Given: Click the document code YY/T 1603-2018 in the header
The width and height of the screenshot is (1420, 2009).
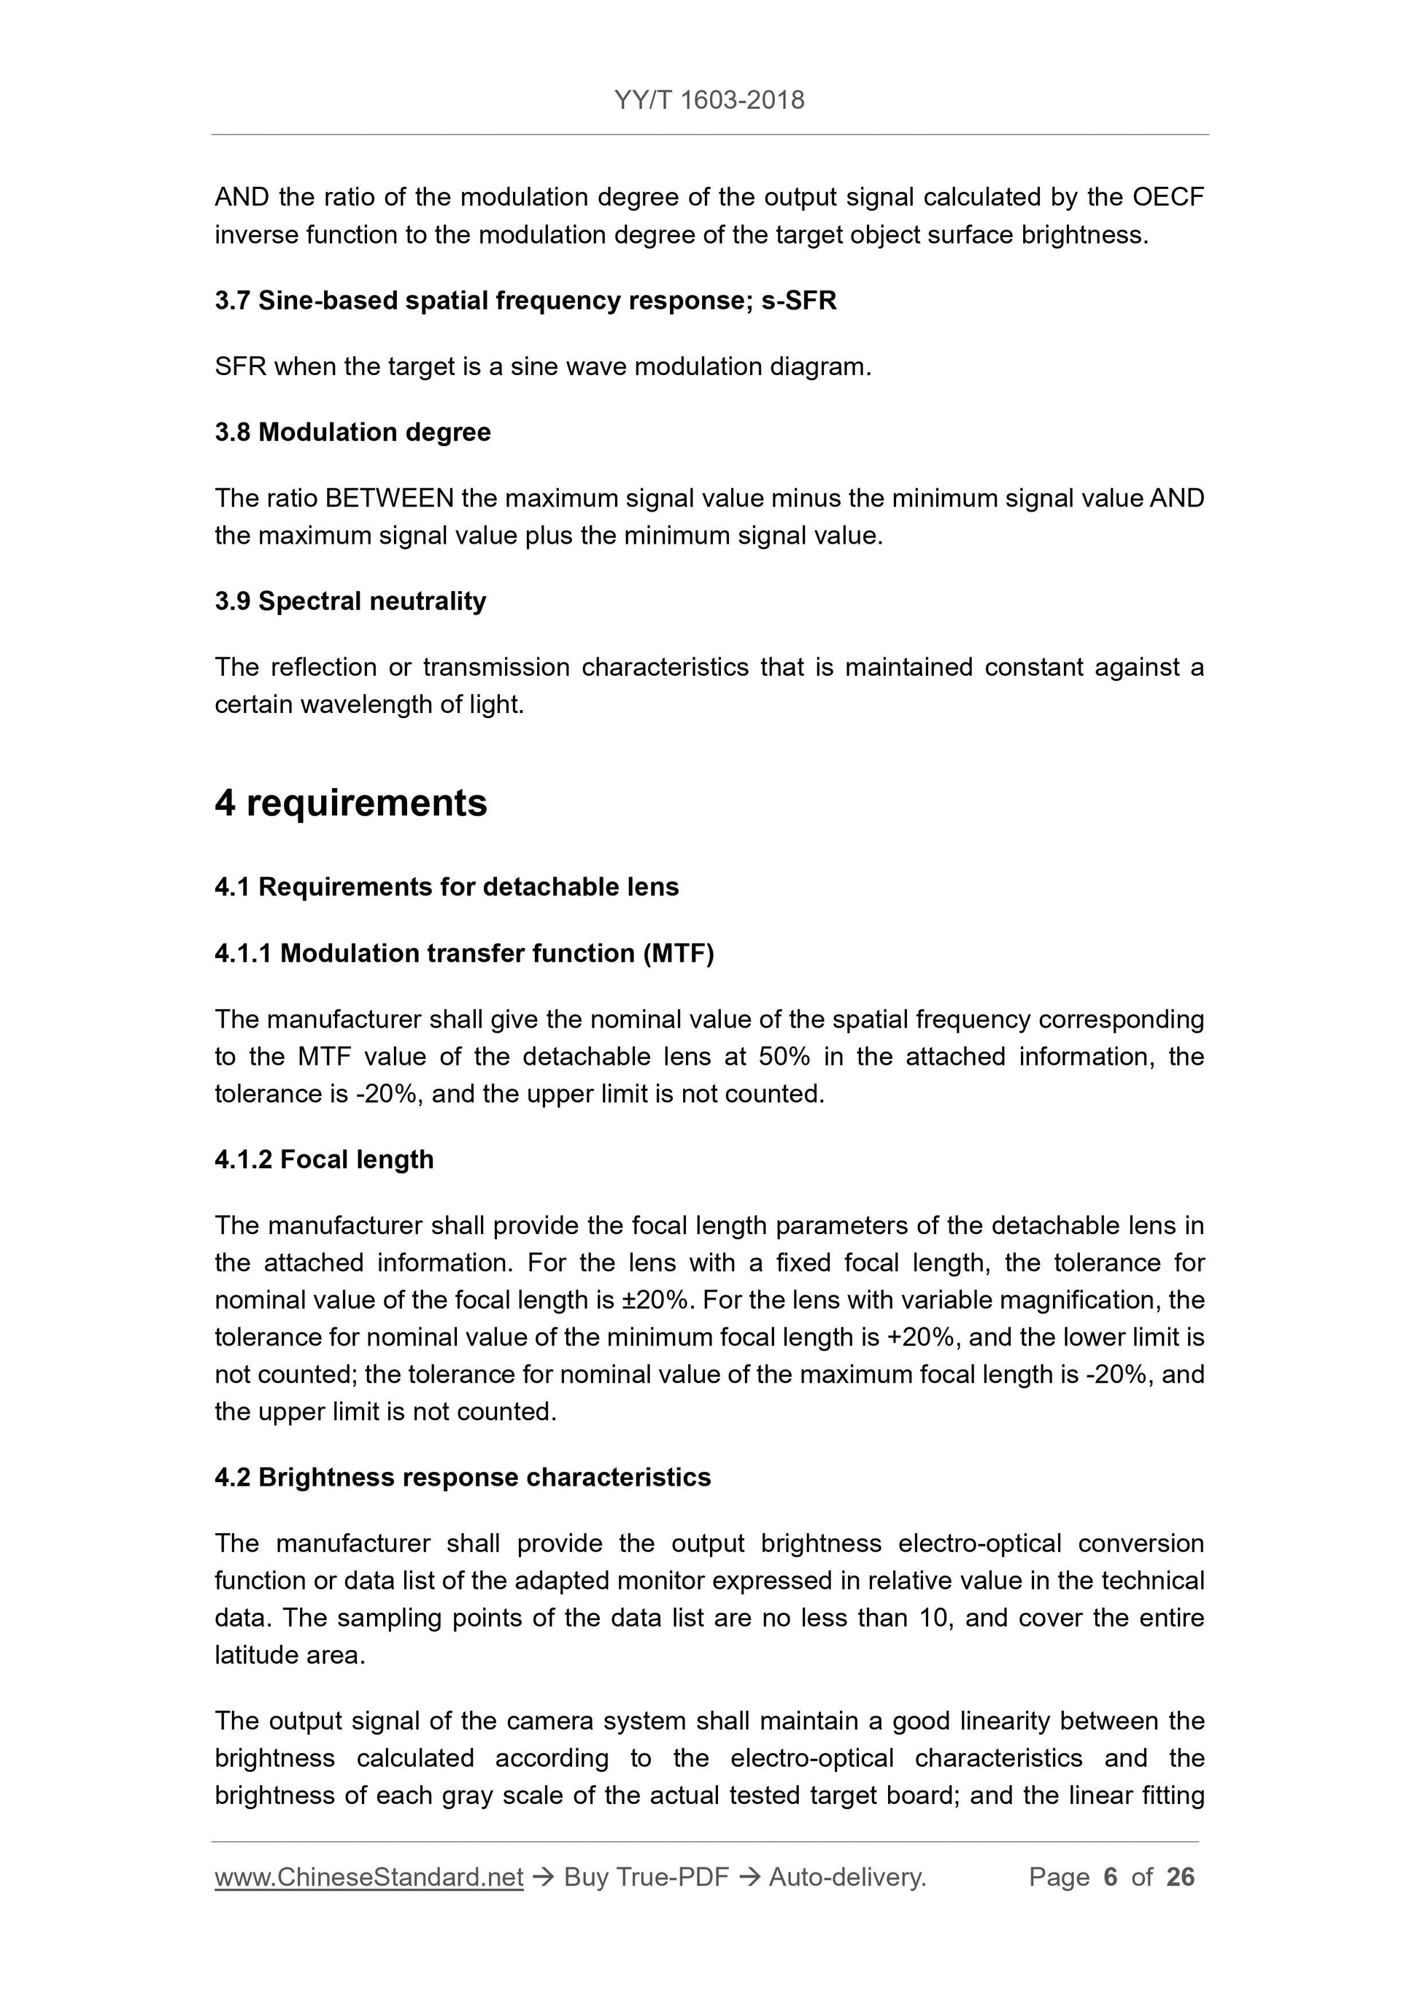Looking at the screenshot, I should point(709,101).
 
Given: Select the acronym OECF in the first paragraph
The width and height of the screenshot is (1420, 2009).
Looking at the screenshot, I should point(1168,198).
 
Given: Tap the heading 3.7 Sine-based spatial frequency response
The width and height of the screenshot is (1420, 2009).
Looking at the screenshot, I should point(525,301).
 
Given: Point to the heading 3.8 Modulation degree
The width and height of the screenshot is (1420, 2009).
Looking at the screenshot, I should point(352,432).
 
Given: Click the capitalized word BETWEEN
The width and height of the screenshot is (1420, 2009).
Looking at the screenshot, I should point(388,498).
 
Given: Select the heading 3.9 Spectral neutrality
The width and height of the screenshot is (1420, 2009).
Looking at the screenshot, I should point(350,601).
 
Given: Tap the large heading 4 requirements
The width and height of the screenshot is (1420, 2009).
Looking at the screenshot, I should point(351,803).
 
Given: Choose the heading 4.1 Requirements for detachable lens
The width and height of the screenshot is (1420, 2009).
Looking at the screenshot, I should point(446,887).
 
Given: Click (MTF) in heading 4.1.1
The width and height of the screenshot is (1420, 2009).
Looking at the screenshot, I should point(678,953).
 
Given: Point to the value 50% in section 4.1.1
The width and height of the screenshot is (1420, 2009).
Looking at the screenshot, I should point(784,1057).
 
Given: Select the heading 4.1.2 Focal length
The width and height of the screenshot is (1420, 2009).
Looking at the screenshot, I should point(324,1160).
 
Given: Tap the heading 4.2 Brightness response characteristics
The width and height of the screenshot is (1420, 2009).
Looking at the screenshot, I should point(462,1477).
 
